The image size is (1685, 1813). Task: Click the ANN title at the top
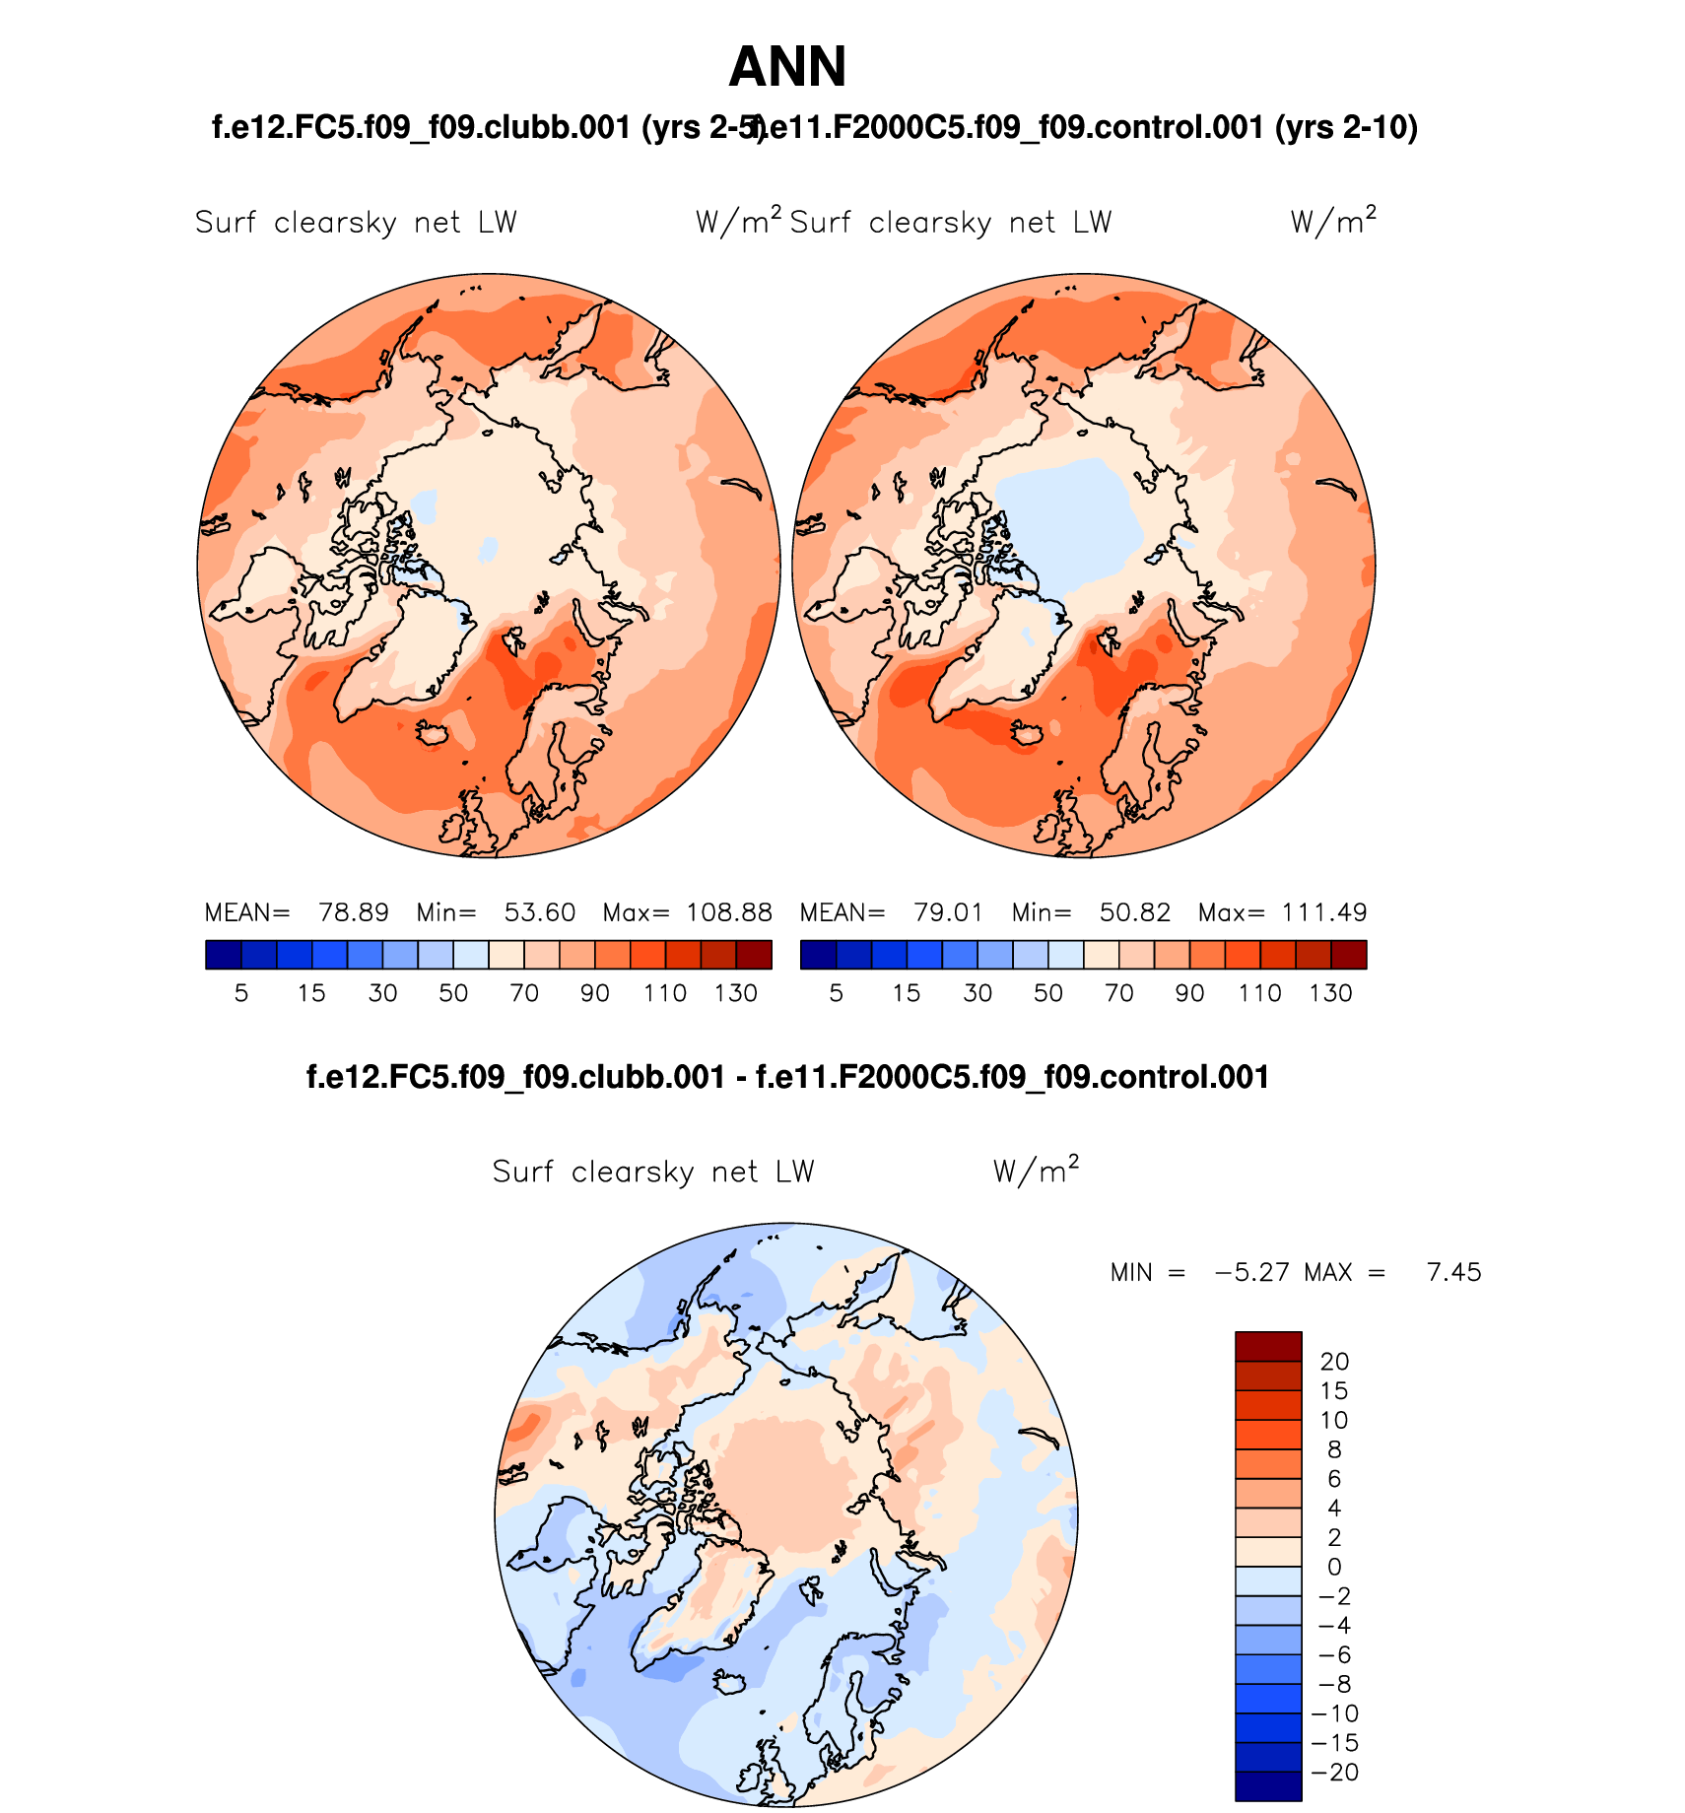(x=787, y=68)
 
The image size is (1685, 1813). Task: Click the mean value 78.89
(x=353, y=912)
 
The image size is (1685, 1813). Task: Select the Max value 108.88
(x=729, y=912)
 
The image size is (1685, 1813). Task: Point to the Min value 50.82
(x=1135, y=912)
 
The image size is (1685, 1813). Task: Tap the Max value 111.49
(x=1324, y=912)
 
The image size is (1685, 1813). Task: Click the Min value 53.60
(x=540, y=912)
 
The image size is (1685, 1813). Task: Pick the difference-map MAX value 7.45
(x=1453, y=1272)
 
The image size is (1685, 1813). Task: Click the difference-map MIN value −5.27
(x=1252, y=1272)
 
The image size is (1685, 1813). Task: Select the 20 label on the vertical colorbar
(x=1334, y=1362)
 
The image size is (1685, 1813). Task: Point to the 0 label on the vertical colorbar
(x=1334, y=1567)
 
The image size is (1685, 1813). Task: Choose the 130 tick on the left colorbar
(x=736, y=993)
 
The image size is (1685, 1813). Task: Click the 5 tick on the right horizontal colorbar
(x=837, y=993)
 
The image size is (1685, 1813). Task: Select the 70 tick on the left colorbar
(x=524, y=993)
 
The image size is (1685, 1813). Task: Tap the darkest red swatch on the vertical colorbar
(x=1268, y=1347)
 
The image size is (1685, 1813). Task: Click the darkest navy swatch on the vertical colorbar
(x=1268, y=1786)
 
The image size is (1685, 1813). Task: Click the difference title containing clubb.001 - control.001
(x=787, y=1077)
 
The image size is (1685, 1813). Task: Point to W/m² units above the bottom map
(x=1036, y=1171)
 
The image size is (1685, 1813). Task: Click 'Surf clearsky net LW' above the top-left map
(x=356, y=223)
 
